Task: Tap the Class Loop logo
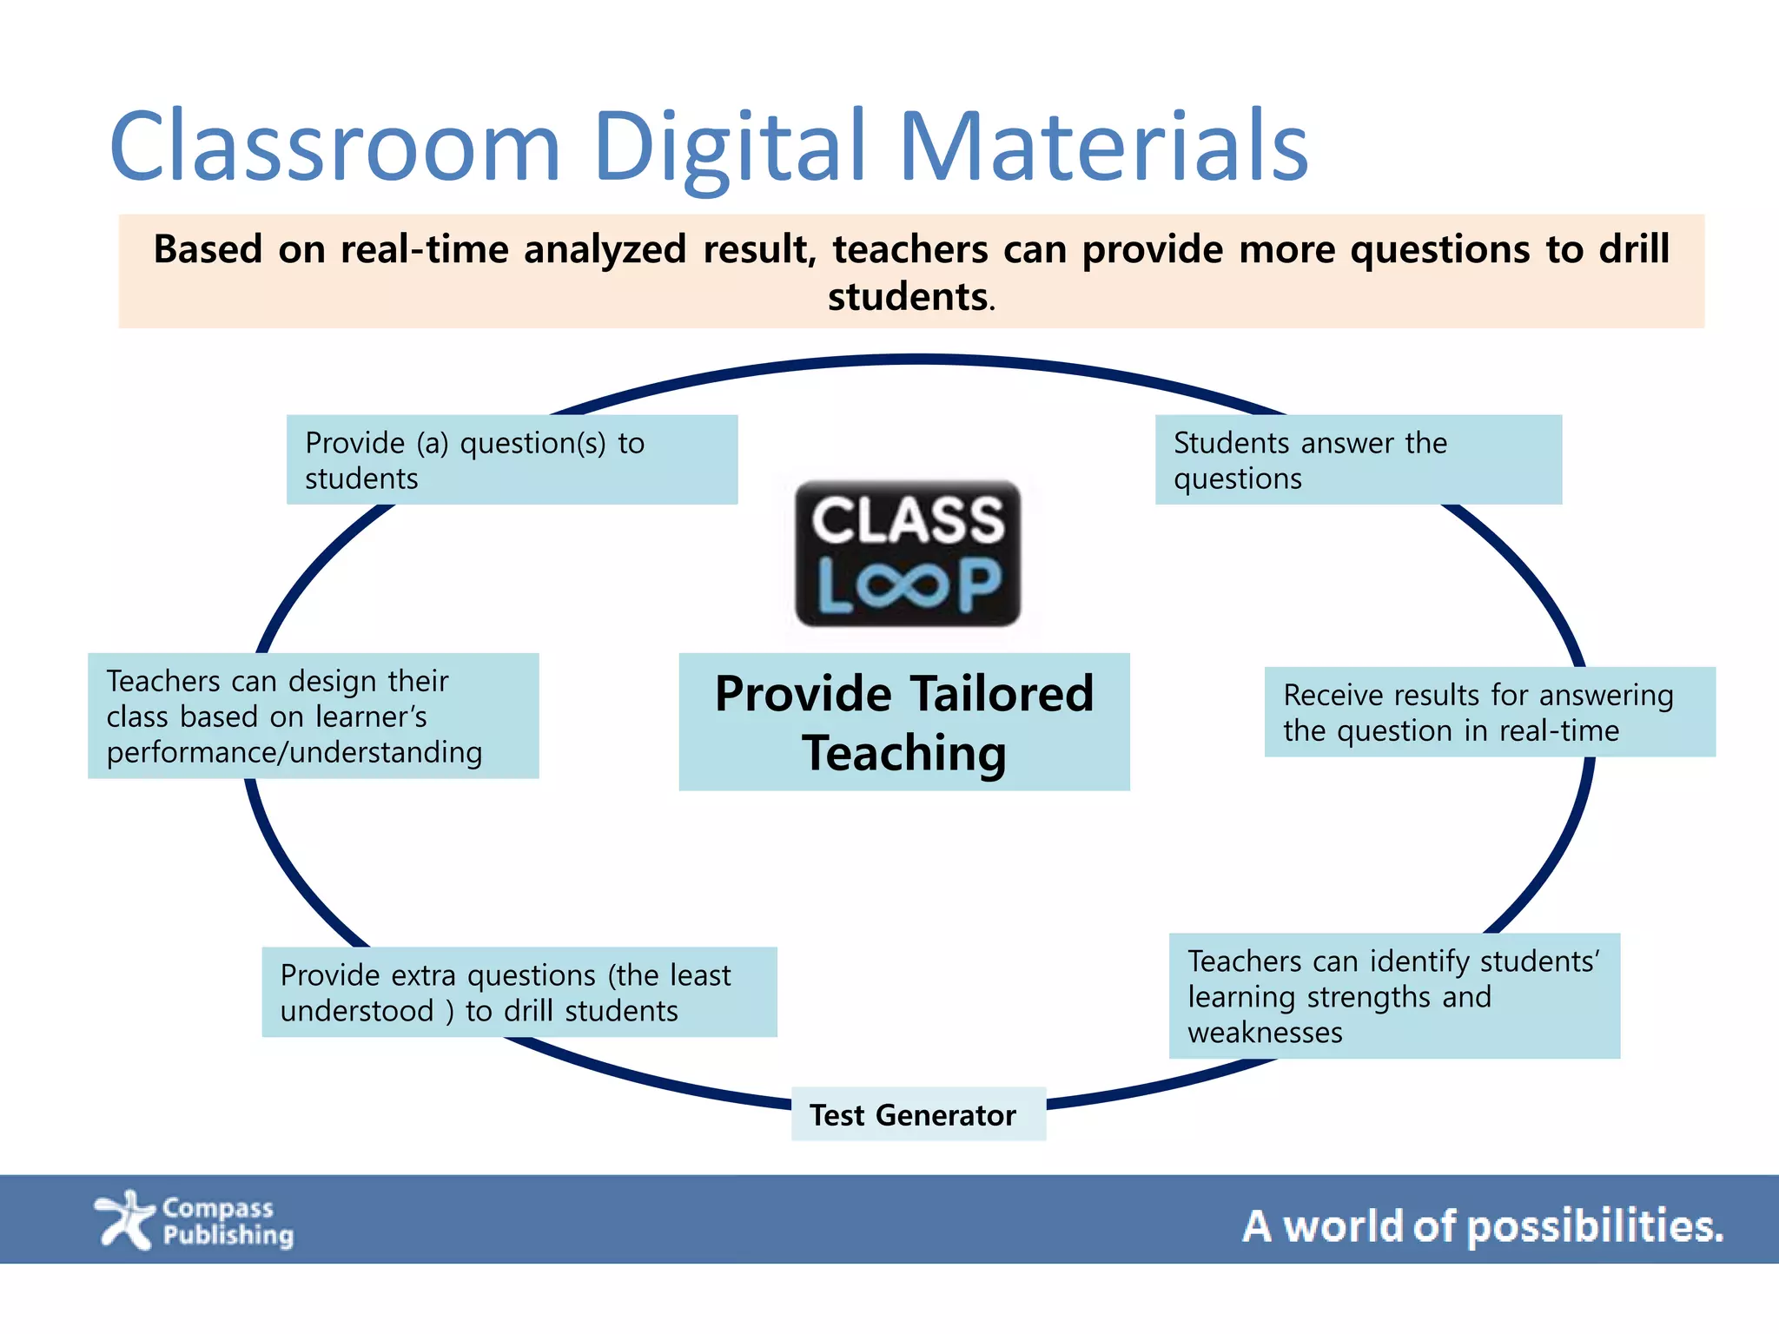tap(908, 552)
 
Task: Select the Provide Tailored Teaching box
tap(903, 722)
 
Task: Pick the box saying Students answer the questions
tap(1358, 459)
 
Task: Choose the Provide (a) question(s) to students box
tap(512, 459)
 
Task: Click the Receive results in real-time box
tap(1489, 712)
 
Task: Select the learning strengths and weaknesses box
tap(1393, 996)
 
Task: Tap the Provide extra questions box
tap(519, 992)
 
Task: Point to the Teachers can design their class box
tap(313, 716)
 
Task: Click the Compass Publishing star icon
tap(124, 1219)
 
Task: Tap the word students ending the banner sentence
tap(907, 297)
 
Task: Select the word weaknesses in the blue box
tap(1265, 1033)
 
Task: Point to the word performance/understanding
tap(294, 752)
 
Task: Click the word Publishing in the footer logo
tap(228, 1235)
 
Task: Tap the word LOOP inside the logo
tap(909, 585)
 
